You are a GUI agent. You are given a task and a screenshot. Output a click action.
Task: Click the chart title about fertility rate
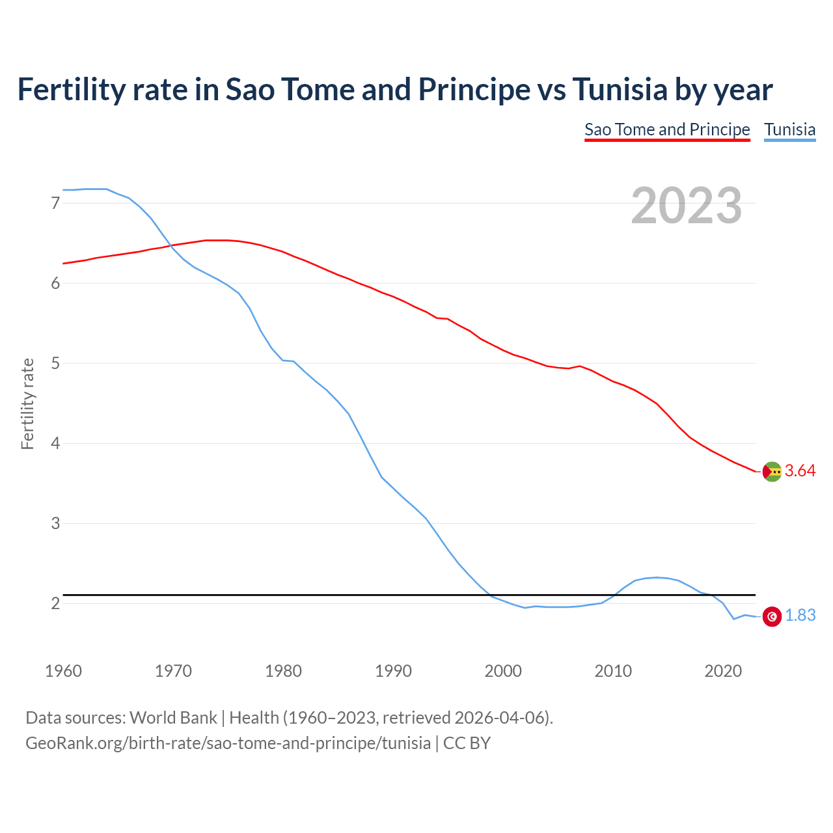coord(395,89)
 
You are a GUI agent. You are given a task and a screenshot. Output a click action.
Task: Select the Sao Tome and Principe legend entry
coord(667,130)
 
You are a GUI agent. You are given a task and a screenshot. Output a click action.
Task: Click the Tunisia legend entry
coord(789,130)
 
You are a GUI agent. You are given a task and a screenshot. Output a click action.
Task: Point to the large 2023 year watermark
coord(686,206)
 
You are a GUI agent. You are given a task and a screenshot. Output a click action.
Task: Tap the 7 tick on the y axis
coord(55,203)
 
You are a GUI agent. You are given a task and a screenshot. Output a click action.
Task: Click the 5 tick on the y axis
coord(55,363)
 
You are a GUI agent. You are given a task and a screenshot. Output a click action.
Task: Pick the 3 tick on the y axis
coord(55,523)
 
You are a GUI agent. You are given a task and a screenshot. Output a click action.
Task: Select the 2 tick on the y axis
coord(55,603)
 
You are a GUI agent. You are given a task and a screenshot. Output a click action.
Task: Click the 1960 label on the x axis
coord(63,671)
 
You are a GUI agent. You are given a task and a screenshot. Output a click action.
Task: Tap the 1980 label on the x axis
coord(283,671)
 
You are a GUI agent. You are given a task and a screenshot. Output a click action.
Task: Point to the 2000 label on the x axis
coord(503,671)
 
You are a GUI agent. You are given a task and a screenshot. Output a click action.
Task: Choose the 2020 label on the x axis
coord(723,671)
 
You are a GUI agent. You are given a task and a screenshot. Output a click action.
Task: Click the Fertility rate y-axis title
coord(27,403)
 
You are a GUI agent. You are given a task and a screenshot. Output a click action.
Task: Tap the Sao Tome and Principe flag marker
coord(772,471)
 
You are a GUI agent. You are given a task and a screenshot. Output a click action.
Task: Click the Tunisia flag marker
coord(772,616)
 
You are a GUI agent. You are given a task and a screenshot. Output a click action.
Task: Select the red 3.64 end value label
coord(800,471)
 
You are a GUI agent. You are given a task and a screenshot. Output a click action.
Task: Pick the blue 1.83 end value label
coord(800,616)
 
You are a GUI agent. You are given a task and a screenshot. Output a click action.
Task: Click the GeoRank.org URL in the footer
coord(228,743)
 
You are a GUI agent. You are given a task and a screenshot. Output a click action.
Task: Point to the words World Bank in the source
coord(173,718)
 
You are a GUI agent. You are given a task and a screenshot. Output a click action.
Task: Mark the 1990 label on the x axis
coord(393,671)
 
